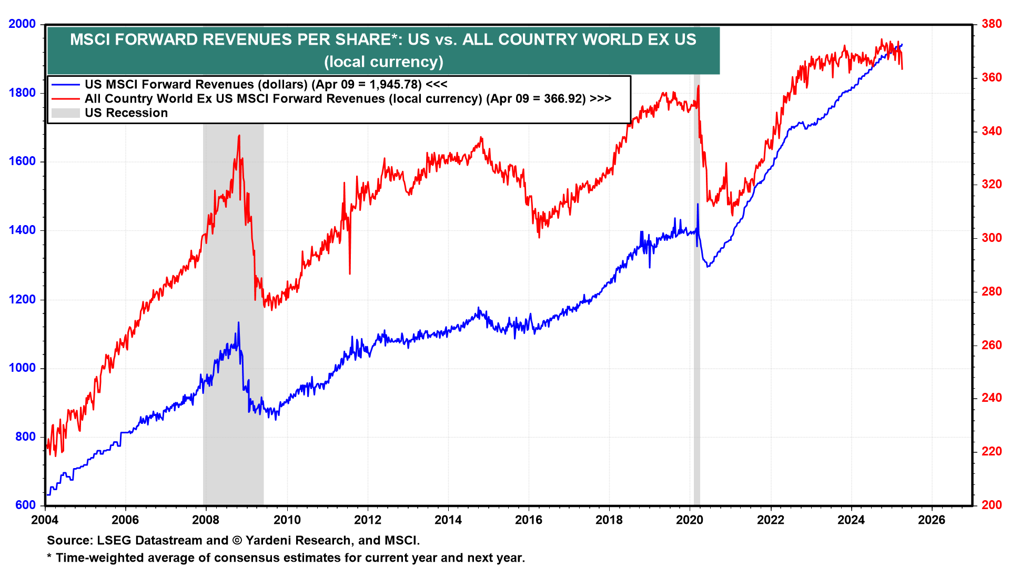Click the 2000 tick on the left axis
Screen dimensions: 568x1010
click(x=22, y=24)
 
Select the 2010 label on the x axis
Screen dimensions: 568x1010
click(x=287, y=520)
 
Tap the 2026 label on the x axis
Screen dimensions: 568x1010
click(x=931, y=520)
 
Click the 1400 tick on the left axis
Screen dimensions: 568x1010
click(x=22, y=230)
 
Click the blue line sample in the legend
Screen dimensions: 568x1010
click(x=65, y=85)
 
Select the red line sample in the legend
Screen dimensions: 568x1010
click(x=65, y=99)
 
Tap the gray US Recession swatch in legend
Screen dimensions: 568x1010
click(x=65, y=113)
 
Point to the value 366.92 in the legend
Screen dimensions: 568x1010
click(x=564, y=99)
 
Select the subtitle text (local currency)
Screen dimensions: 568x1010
click(x=383, y=62)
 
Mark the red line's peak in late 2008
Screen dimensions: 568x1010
click(x=239, y=136)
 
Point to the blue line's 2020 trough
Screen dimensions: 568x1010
click(x=708, y=267)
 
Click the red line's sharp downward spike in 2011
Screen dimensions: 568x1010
click(x=350, y=273)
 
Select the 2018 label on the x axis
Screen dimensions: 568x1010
click(x=609, y=520)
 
